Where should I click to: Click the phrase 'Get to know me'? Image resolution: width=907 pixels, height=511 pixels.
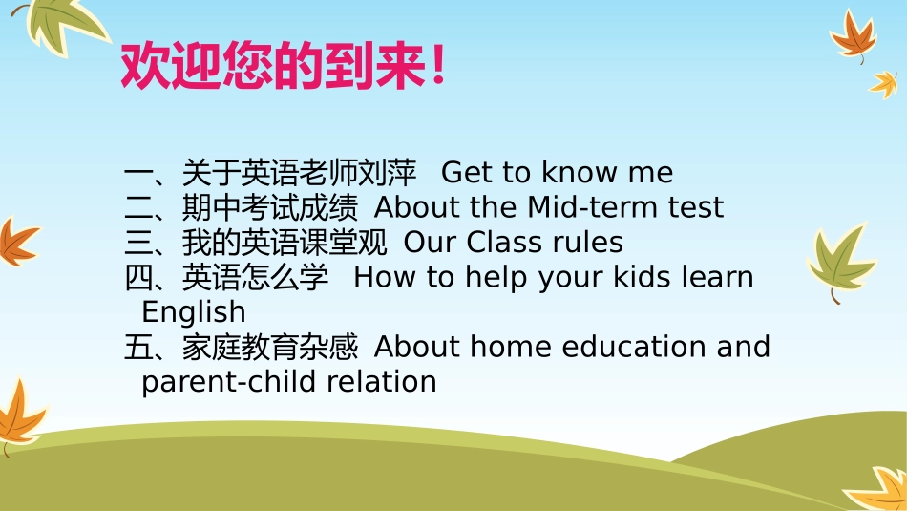pyautogui.click(x=557, y=173)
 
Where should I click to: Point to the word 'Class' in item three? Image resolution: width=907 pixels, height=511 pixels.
pyautogui.click(x=505, y=243)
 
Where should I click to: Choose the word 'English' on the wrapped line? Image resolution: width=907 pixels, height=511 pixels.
pyautogui.click(x=193, y=311)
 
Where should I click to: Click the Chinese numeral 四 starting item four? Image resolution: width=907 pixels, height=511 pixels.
pyautogui.click(x=138, y=277)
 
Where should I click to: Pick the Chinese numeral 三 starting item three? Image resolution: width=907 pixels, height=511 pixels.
pyautogui.click(x=138, y=243)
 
